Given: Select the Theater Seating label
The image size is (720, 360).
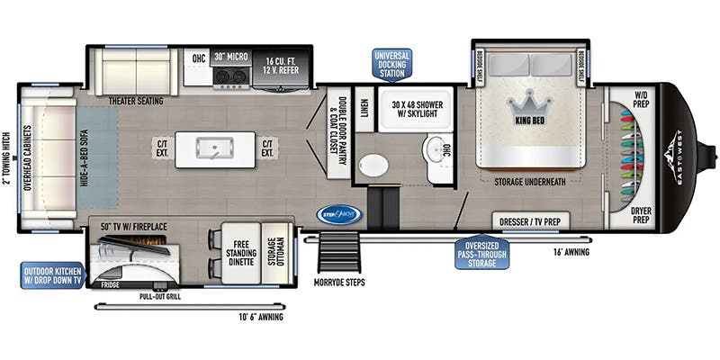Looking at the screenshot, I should (135, 101).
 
